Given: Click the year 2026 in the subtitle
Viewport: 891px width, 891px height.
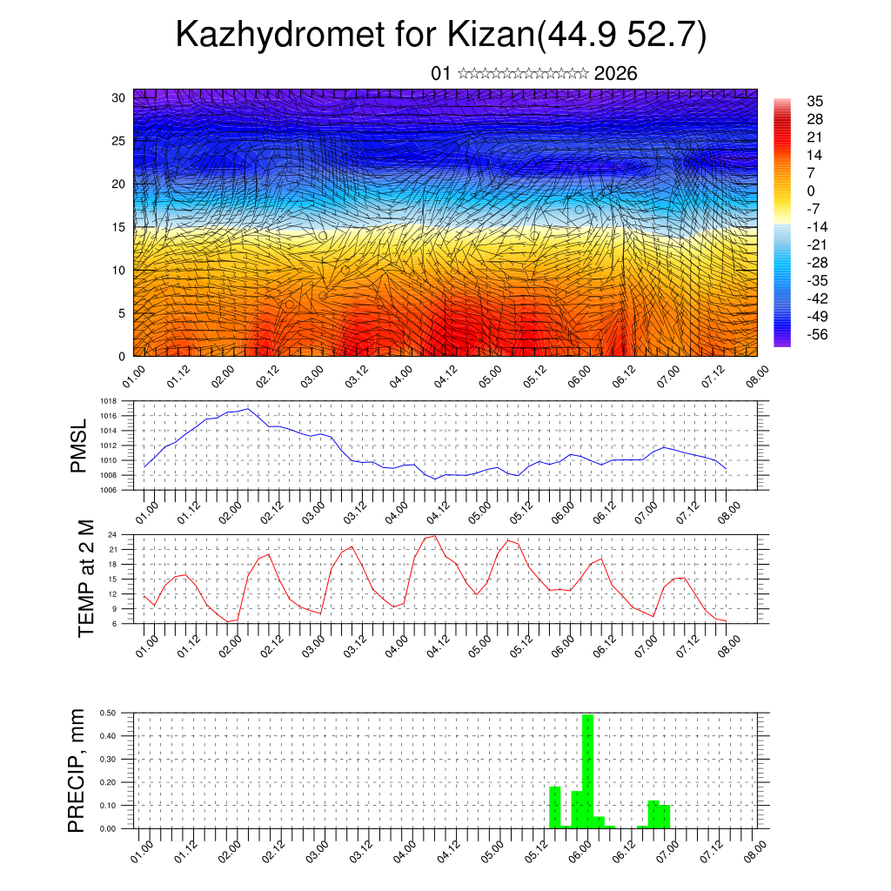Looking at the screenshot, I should pos(615,74).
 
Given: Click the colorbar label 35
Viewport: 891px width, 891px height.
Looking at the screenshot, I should pos(815,101).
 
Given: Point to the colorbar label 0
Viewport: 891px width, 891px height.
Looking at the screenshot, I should pos(811,191).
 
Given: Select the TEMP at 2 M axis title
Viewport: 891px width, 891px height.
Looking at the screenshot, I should pos(85,579).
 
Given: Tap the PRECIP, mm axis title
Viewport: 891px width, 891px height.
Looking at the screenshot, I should pos(78,770).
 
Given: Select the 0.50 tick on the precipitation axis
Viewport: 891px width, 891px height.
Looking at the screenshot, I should pos(109,713).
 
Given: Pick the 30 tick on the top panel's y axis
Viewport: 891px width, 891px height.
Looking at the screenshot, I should pos(118,97).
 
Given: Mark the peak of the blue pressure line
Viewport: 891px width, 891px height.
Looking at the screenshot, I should pos(248,408).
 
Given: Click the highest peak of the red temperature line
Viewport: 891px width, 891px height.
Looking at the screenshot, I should pos(434,535).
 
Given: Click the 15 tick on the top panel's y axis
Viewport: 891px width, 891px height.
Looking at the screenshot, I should pos(118,227).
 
